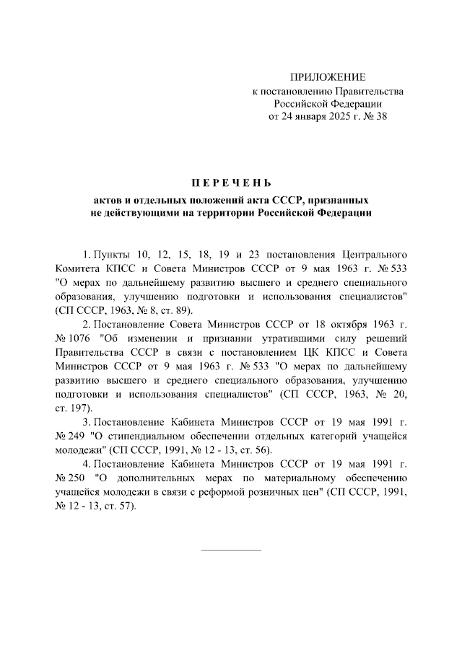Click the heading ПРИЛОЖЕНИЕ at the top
pyautogui.click(x=328, y=77)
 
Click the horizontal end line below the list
pyautogui.click(x=230, y=551)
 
